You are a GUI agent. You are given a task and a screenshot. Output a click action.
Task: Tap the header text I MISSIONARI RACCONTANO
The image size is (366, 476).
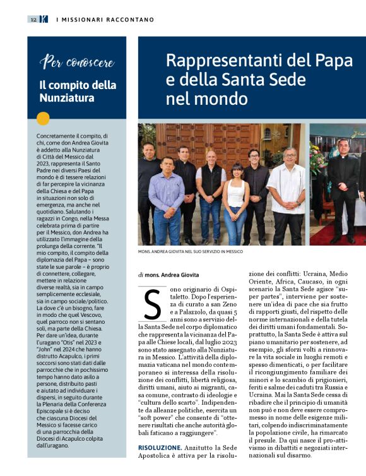105,20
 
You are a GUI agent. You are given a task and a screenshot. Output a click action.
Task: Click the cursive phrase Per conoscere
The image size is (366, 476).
77,62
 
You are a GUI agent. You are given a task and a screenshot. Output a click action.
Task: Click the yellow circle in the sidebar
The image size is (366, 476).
43,118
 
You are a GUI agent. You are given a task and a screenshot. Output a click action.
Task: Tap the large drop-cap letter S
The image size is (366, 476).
151,304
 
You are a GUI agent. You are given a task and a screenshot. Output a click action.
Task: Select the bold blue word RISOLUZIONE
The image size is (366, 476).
160,447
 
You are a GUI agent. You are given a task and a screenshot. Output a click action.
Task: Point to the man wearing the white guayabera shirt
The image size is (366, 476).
286,196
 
